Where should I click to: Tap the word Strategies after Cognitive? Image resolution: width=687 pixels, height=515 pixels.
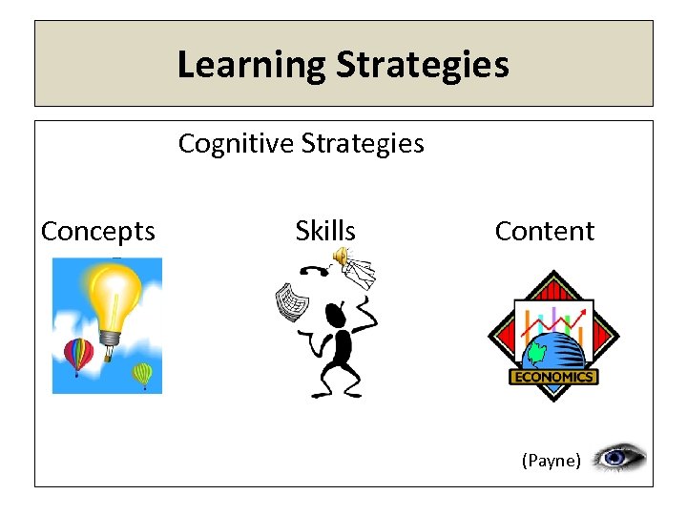coord(363,143)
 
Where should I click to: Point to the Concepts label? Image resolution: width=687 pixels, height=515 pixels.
coord(98,231)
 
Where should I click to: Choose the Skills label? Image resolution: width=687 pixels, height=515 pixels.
coord(325,231)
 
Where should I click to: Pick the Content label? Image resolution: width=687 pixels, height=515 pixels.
coord(544,231)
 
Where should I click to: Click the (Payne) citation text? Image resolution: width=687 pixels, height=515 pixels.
coord(551,461)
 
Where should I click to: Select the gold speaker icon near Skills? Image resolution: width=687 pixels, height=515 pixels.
coord(340,255)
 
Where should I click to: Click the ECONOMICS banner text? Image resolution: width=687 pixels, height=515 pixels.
coord(553,377)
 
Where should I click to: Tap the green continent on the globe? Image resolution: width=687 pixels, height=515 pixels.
coord(536,354)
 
